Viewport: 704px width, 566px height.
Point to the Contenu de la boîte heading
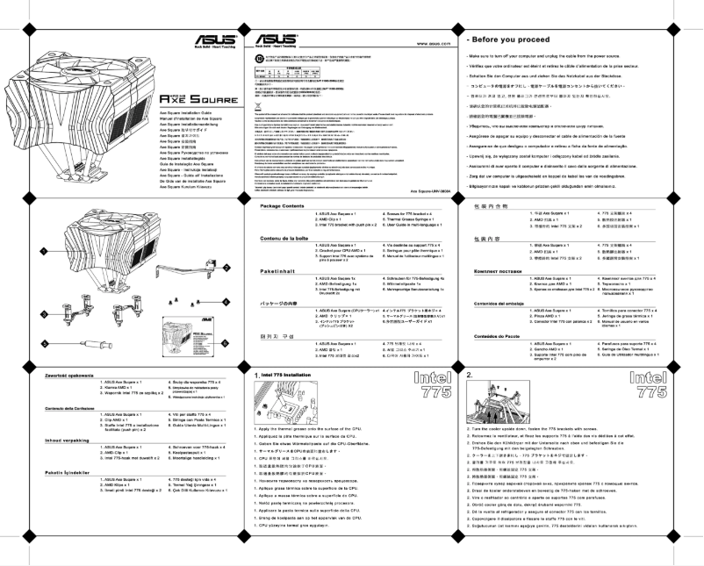pyautogui.click(x=283, y=237)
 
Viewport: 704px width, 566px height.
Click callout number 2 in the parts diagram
pyautogui.click(x=226, y=267)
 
